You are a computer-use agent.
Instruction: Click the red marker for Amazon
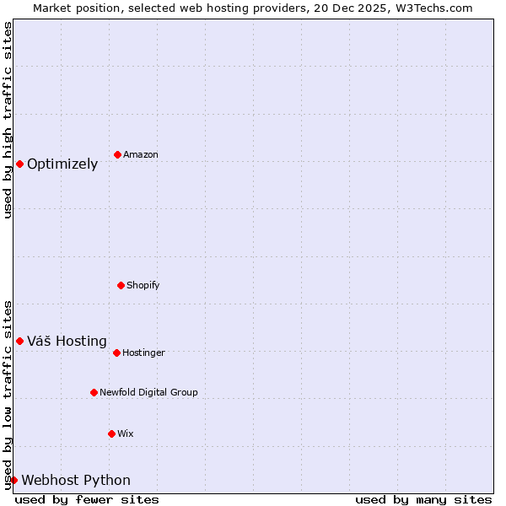[x=117, y=154]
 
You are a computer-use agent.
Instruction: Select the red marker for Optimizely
[x=19, y=164]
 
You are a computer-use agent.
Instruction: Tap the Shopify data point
[x=121, y=285]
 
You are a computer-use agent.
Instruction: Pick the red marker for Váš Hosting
[x=19, y=341]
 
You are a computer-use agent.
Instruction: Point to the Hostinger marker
[x=116, y=353]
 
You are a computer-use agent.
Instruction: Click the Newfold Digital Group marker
[x=94, y=392]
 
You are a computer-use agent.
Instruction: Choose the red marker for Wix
[x=111, y=433]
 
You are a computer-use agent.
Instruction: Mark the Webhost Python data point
[x=13, y=480]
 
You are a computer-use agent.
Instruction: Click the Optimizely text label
[x=62, y=164]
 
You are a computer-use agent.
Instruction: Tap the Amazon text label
[x=141, y=155]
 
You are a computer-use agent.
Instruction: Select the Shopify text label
[x=143, y=286]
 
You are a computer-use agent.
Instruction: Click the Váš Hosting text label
[x=67, y=342]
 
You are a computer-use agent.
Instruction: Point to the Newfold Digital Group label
[x=148, y=393]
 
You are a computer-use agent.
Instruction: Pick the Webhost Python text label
[x=76, y=481]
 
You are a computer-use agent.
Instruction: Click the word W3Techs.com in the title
[x=436, y=8]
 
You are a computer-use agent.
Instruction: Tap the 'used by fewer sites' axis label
[x=87, y=499]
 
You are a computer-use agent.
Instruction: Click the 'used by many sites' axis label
[x=423, y=499]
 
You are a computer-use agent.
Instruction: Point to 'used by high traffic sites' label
[x=8, y=120]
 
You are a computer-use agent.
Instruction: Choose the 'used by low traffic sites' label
[x=8, y=395]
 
